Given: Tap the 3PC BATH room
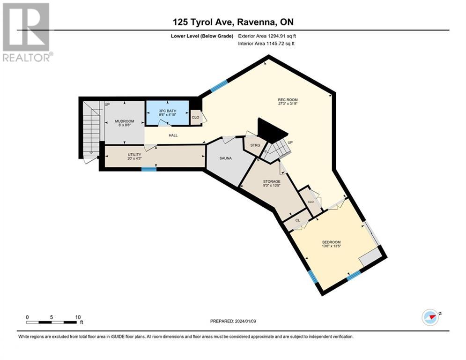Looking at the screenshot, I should coord(167,113).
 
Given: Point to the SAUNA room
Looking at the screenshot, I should coord(226,158).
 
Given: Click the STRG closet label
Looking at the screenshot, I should coord(255,145).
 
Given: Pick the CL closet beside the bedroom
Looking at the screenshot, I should coord(297,219).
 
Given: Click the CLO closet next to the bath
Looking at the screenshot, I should coord(195,118).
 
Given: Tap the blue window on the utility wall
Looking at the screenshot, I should coord(149,169).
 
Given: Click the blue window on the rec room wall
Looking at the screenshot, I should coord(218,86).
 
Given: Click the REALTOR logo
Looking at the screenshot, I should coord(27,32).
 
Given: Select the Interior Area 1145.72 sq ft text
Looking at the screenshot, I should coord(266,43).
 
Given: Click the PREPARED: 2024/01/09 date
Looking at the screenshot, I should coord(233,321).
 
